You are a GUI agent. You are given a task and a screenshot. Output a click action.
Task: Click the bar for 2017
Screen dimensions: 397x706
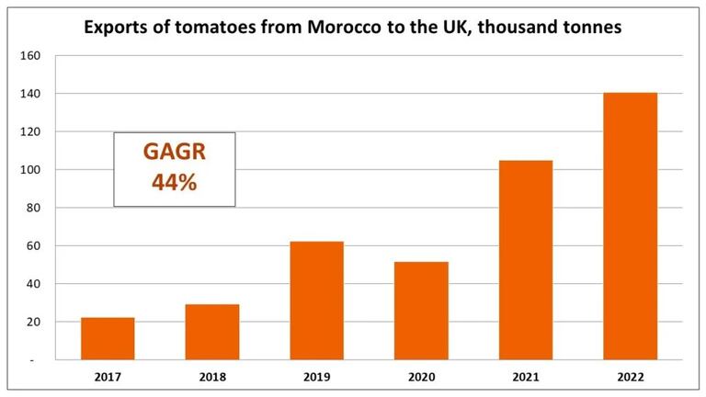[x=108, y=338]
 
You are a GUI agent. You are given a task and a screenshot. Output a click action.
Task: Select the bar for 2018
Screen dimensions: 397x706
[x=212, y=332]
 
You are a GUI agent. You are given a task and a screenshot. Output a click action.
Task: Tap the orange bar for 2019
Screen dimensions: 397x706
[x=316, y=301]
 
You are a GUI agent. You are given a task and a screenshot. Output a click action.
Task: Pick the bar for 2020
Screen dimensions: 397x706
[x=421, y=311]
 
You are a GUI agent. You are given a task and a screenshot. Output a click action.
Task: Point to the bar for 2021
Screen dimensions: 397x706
[x=526, y=260]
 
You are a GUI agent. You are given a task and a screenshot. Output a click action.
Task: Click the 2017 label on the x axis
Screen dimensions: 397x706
[x=108, y=376]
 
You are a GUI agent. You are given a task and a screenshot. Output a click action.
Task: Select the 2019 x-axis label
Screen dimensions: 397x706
[x=316, y=376]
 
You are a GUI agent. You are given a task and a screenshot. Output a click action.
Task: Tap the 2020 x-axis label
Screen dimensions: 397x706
[x=421, y=376]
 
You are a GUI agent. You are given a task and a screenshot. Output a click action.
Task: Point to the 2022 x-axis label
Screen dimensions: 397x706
[x=630, y=376]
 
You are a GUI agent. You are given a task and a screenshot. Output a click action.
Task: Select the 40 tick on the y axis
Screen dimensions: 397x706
[x=33, y=284]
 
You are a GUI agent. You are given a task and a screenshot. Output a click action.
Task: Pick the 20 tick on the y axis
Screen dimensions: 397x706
[x=33, y=323]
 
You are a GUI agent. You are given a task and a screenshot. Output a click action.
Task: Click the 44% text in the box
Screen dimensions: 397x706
[x=175, y=182]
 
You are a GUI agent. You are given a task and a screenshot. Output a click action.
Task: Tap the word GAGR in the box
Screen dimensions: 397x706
[x=175, y=153]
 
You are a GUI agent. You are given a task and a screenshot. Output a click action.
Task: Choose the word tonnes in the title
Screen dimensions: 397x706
[x=590, y=28]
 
